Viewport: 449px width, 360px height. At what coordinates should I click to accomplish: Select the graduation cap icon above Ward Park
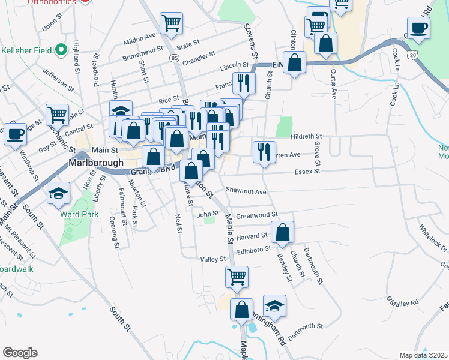[x=59, y=194]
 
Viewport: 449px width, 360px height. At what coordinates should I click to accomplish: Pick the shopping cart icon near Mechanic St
[x=57, y=114]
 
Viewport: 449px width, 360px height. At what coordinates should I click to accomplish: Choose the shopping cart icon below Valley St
[x=237, y=277]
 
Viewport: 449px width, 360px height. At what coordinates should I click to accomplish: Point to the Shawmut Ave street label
[x=246, y=191]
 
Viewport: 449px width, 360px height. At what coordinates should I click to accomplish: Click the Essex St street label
[x=306, y=171]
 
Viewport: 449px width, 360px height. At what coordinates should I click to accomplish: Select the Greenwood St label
[x=256, y=214]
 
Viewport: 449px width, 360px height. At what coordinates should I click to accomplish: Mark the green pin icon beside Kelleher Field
[x=60, y=50]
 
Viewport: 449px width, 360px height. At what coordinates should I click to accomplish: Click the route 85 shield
[x=174, y=58]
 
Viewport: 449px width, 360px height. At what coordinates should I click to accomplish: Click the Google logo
[x=20, y=353]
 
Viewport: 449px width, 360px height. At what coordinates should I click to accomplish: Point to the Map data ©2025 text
[x=423, y=355]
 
